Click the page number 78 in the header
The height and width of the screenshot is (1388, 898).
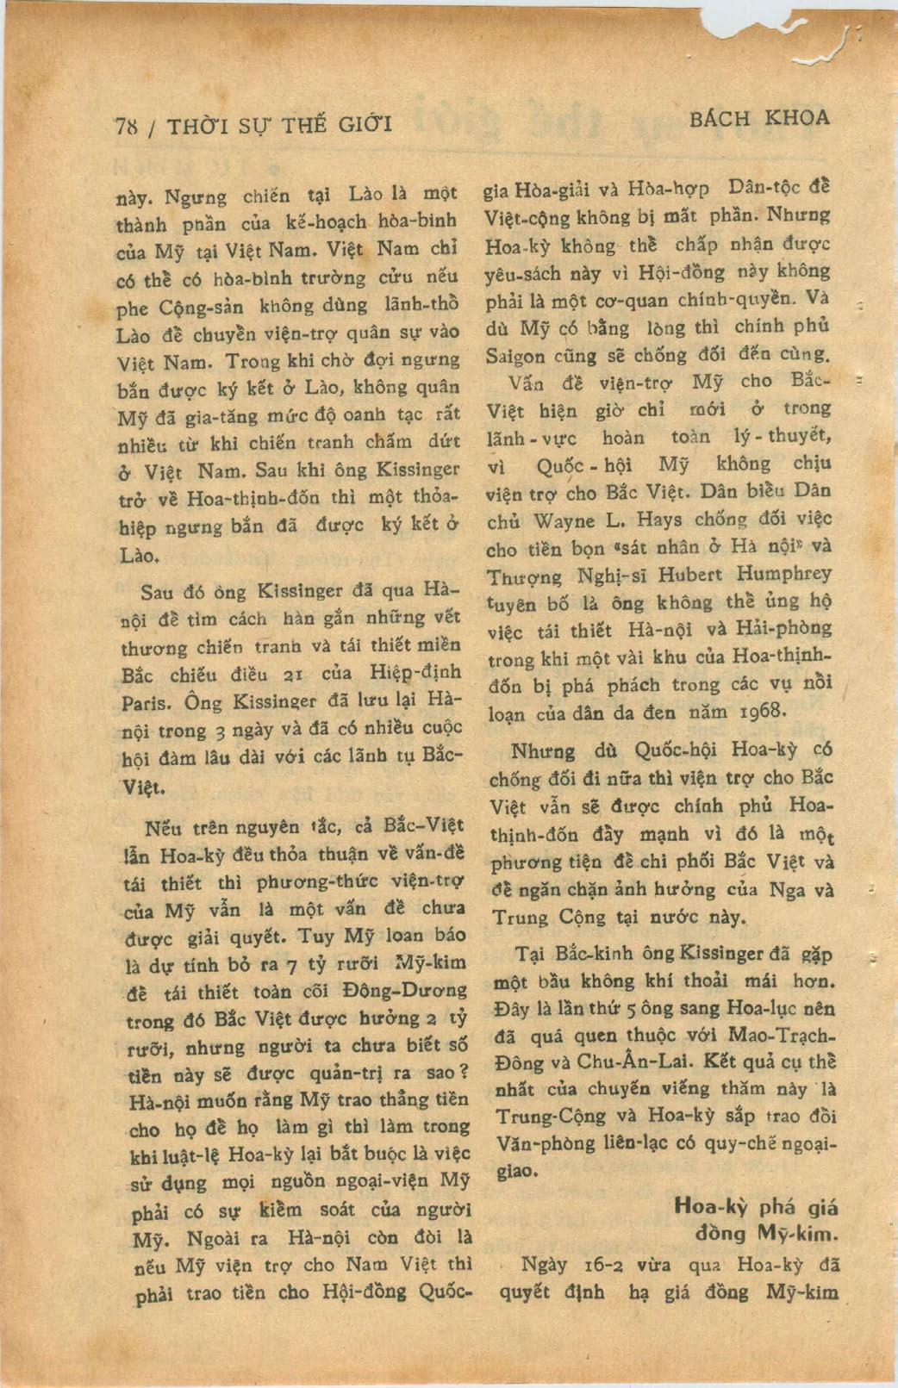127,125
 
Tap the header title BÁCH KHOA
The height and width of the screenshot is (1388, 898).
759,119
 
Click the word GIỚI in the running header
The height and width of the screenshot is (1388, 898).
364,124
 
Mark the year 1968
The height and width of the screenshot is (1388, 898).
762,712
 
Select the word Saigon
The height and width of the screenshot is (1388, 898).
515,355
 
